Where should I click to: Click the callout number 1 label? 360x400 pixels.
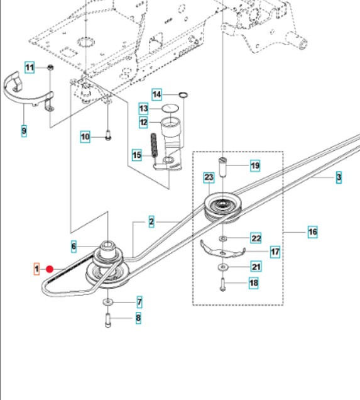[x=37, y=269]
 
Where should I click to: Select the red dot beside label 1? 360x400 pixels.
[x=50, y=269]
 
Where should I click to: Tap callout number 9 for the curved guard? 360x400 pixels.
[x=23, y=131]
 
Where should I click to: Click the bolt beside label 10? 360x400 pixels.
[x=107, y=134]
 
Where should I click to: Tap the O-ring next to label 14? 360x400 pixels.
[x=183, y=95]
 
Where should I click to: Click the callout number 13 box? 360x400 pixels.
[x=144, y=108]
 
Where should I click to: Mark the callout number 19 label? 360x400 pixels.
[x=254, y=166]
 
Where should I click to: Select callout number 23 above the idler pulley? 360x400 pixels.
[x=209, y=178]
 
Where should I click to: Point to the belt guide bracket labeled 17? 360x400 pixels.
[x=220, y=250]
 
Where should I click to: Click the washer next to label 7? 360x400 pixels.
[x=108, y=303]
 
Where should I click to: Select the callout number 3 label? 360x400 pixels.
[x=339, y=178]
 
